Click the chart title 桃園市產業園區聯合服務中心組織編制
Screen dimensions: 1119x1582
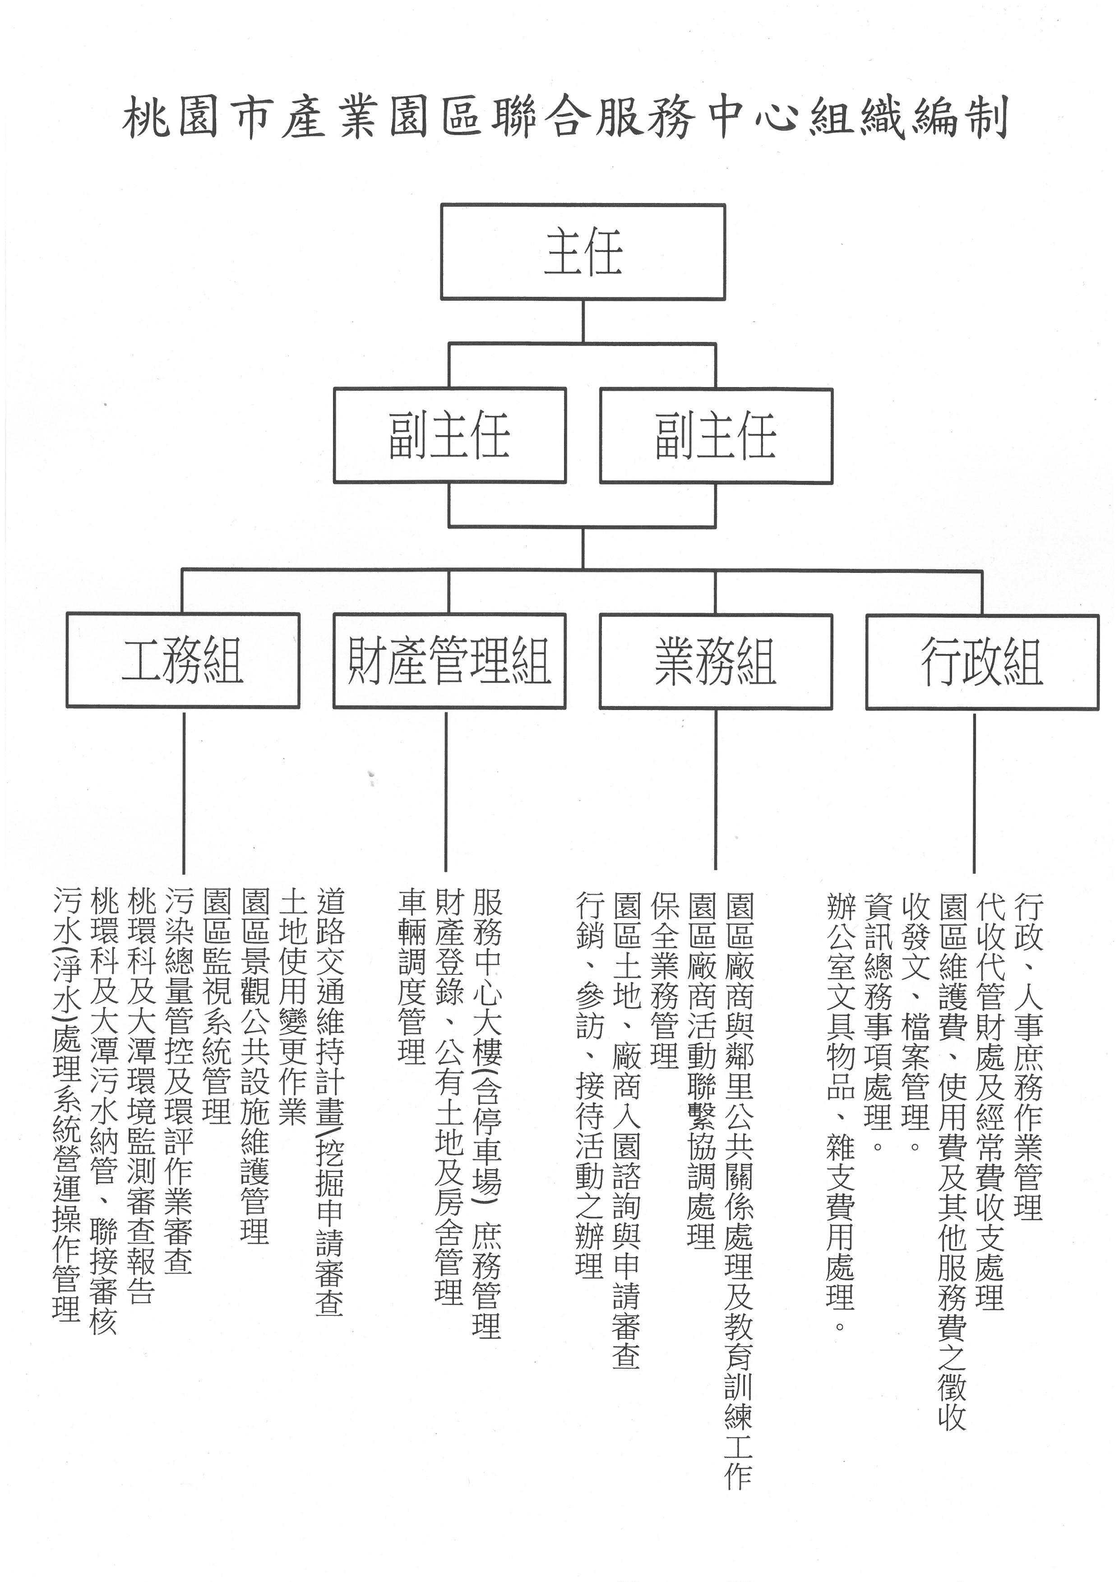pos(565,118)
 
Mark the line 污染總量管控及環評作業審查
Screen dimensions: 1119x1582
pos(179,1081)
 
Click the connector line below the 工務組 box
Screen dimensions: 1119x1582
pos(184,793)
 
